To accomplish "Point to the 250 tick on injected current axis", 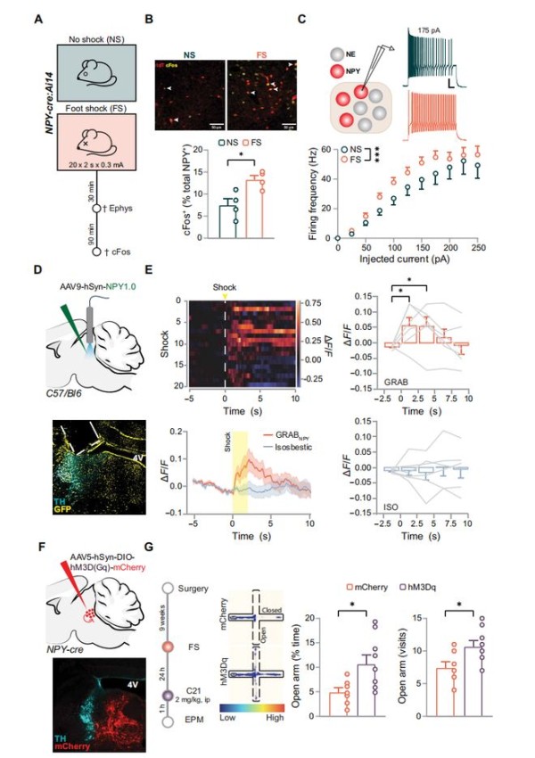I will pyautogui.click(x=480, y=249).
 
